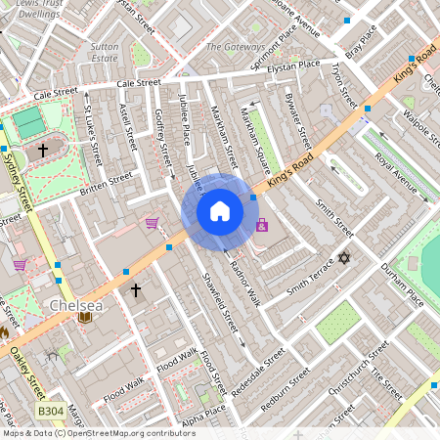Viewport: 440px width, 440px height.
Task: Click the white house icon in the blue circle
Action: click(x=220, y=211)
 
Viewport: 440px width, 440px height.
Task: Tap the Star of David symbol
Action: click(x=343, y=258)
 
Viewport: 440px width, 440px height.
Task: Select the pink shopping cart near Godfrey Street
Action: click(x=152, y=223)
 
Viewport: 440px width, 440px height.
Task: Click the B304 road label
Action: click(x=50, y=414)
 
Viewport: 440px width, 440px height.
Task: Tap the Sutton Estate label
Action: click(x=104, y=52)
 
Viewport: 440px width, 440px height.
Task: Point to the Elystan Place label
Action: click(x=294, y=66)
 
